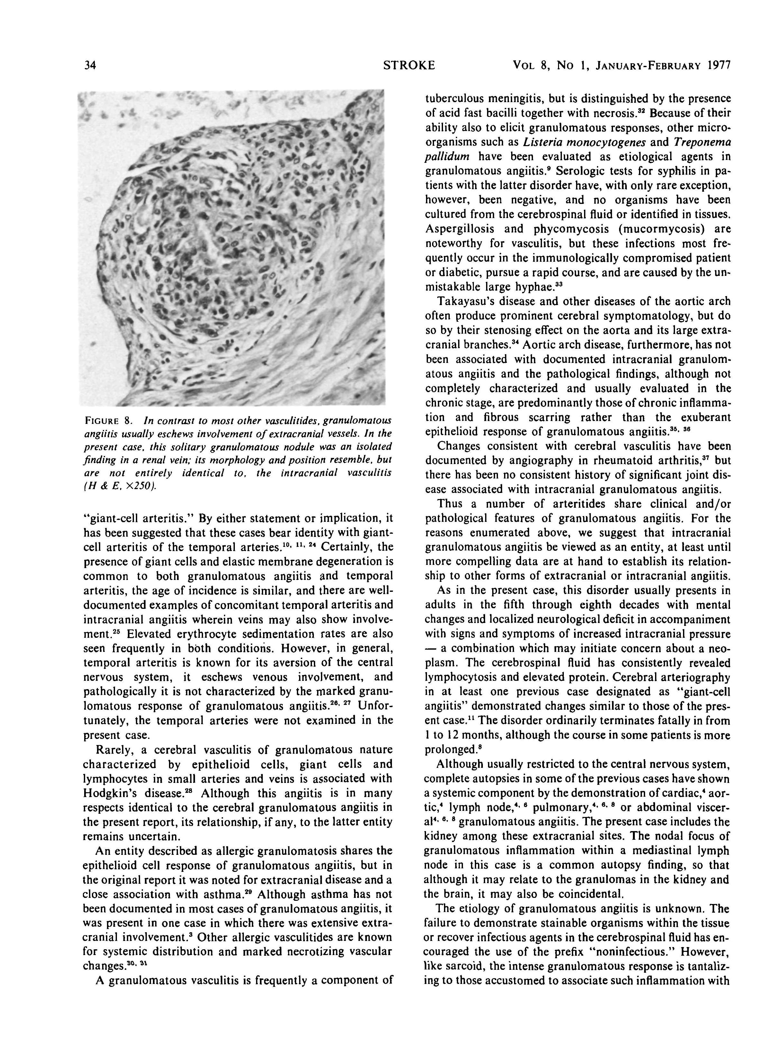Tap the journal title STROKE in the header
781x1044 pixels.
409,65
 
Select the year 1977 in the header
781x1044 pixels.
719,65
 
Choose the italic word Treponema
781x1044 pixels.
702,142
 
